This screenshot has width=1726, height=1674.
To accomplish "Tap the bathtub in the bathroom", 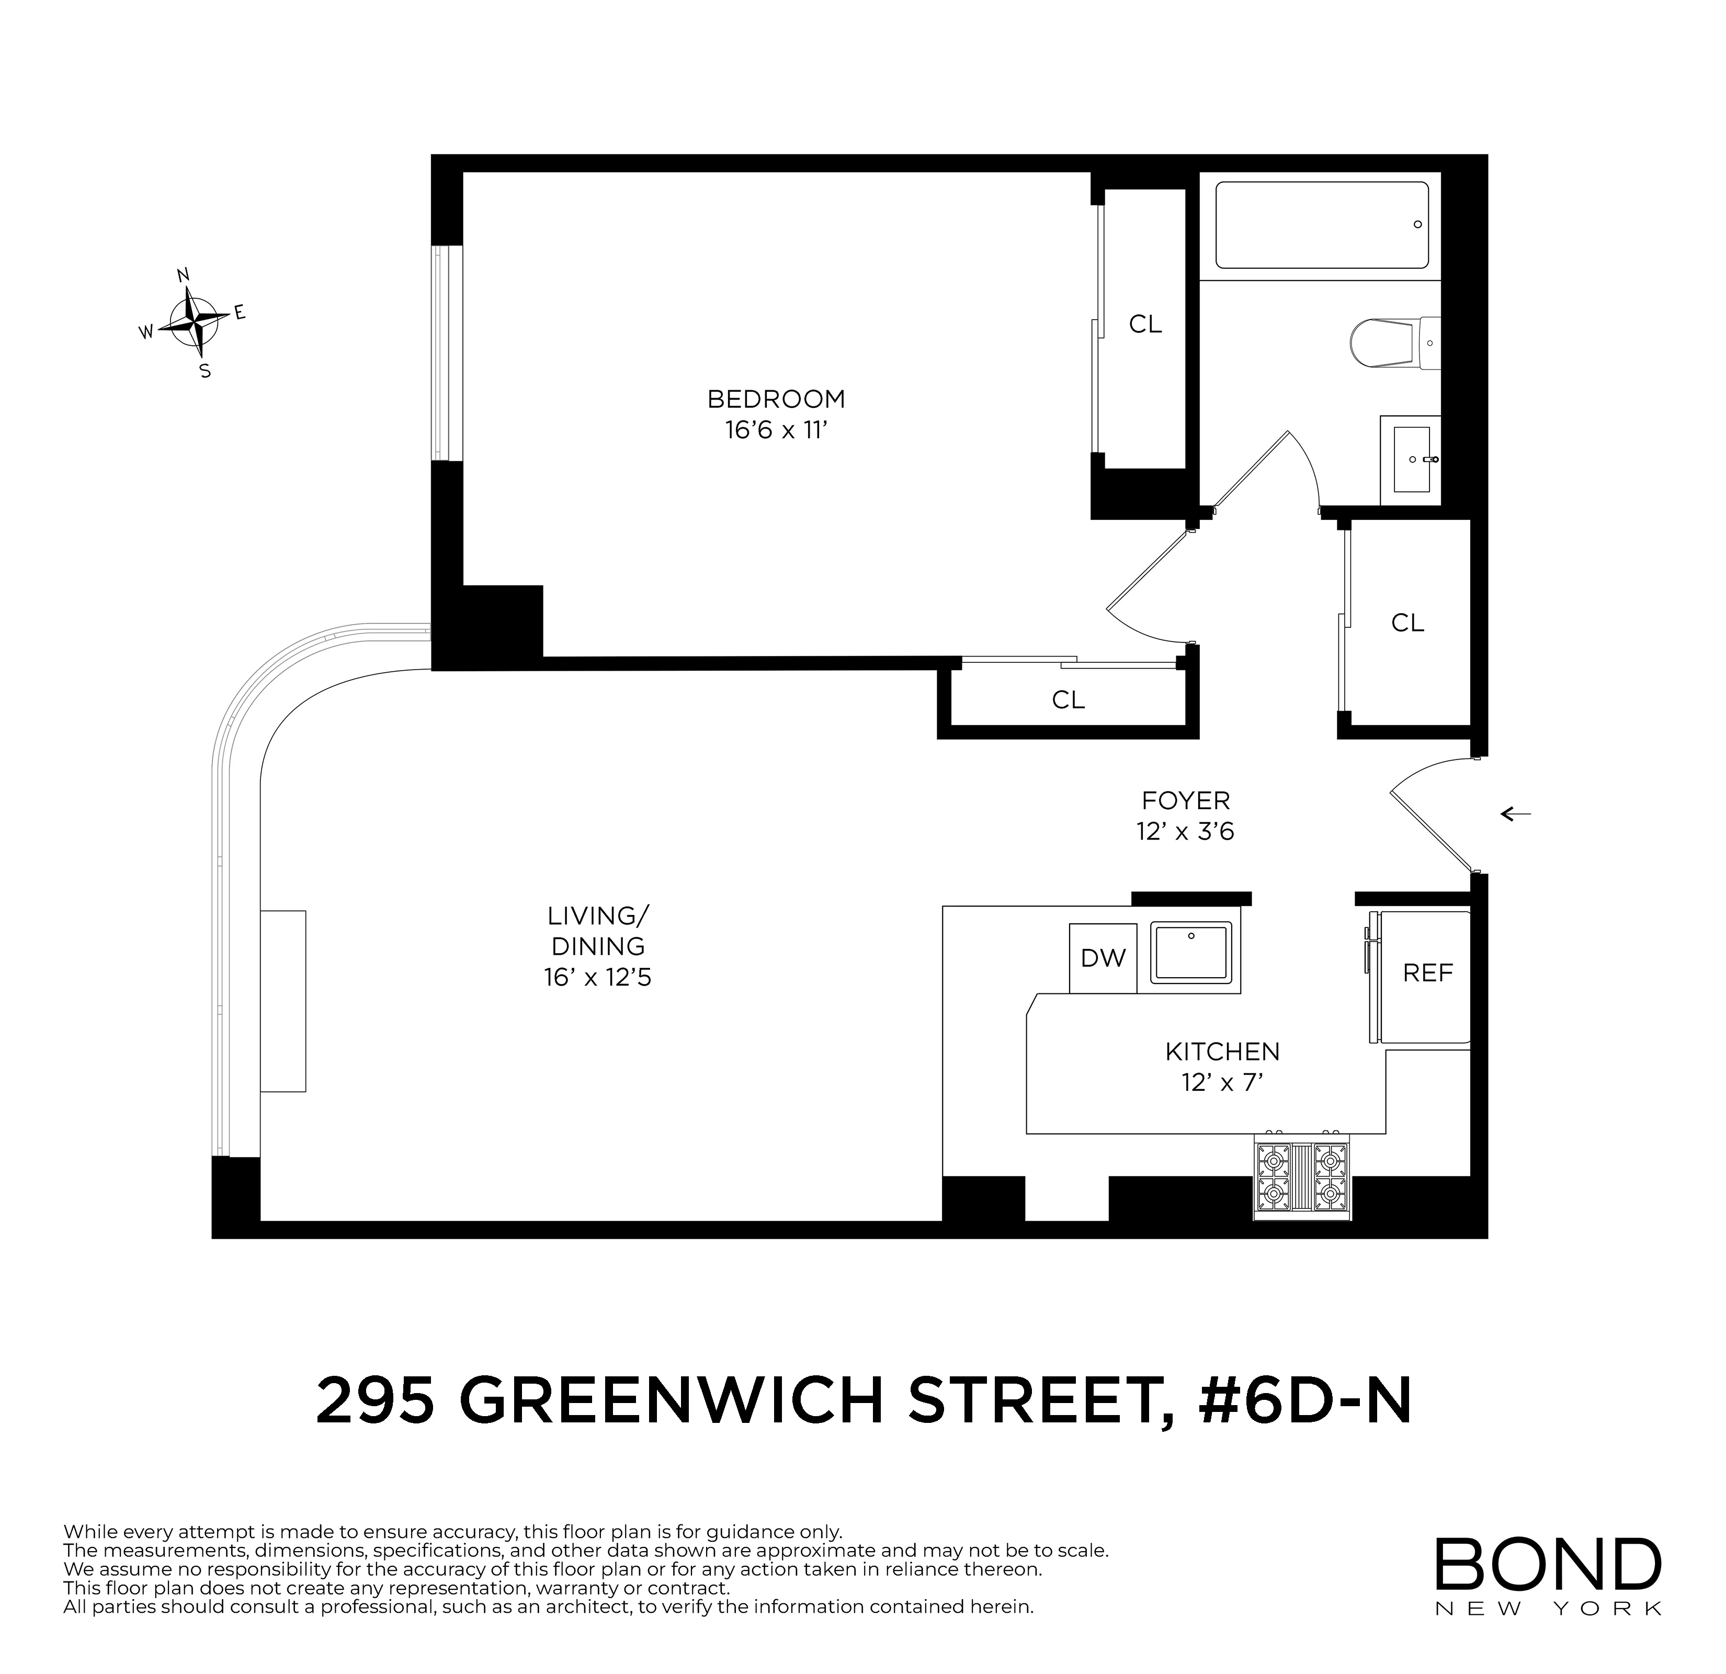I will pyautogui.click(x=1321, y=225).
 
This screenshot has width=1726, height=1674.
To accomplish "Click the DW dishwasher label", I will pyautogui.click(x=1103, y=958).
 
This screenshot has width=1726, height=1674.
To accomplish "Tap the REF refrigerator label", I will pyautogui.click(x=1427, y=973).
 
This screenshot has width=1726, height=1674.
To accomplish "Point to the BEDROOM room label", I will pyautogui.click(x=776, y=399).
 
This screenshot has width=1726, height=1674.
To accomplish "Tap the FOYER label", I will pyautogui.click(x=1185, y=800).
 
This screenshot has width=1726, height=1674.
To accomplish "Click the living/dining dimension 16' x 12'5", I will pyautogui.click(x=597, y=977).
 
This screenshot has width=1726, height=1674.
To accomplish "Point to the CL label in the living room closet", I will pyautogui.click(x=1068, y=700).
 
